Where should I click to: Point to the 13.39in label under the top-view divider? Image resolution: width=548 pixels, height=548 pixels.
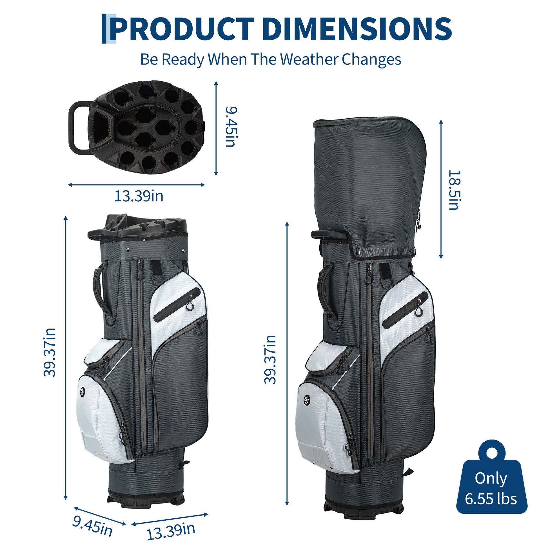(x=139, y=196)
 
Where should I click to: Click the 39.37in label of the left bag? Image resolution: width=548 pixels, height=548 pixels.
(x=49, y=353)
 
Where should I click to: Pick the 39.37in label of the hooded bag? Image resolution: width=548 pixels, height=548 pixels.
(x=270, y=359)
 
